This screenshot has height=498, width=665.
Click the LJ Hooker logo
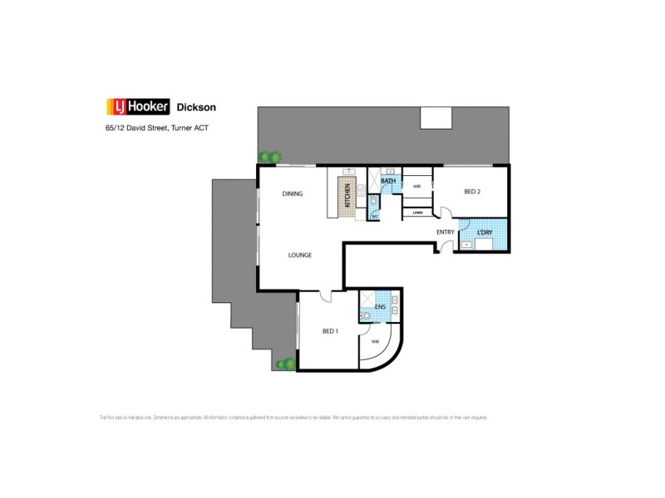pos(138,106)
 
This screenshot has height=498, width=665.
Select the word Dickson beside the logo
pos(198,106)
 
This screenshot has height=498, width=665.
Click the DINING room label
pos(292,193)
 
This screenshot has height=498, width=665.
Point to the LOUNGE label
pos(300,255)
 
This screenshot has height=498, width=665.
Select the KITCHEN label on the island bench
pos(347,197)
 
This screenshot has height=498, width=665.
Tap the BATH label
pos(388,180)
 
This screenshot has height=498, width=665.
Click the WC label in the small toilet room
pos(374,216)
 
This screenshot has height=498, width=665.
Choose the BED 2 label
pos(472,192)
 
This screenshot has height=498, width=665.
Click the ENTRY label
pos(446,232)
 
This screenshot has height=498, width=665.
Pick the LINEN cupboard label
pos(417,213)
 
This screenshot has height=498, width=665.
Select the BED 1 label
pos(330,331)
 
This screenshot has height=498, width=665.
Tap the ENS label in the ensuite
pos(380,307)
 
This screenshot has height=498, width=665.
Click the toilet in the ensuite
pos(365,315)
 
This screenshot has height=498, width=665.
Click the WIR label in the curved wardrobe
pos(376,341)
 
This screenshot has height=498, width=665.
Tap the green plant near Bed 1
pos(287,363)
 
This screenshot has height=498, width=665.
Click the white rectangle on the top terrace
pos(436,118)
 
